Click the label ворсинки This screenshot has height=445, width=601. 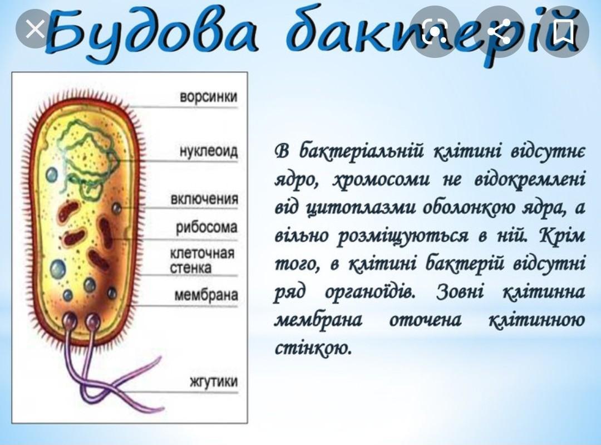point(209,97)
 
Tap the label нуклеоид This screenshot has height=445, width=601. point(209,151)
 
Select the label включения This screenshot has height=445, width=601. point(204,199)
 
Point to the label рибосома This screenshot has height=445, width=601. point(206,227)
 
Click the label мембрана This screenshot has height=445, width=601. point(206,295)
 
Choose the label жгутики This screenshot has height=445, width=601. point(214,382)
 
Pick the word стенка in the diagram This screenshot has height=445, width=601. point(190,268)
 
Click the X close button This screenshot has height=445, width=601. point(35,29)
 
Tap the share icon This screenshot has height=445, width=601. point(500,30)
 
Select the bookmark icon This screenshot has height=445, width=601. point(565,30)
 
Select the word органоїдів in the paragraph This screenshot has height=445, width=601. point(371,293)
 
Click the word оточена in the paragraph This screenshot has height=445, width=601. point(426,320)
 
